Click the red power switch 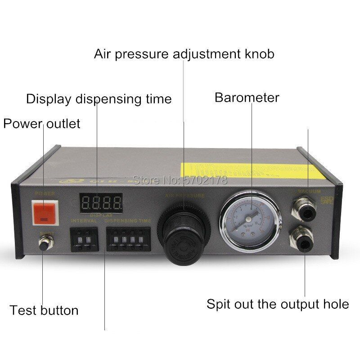[45, 212]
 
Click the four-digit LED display [101, 203]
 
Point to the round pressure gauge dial [249, 220]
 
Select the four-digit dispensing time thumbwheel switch [128, 239]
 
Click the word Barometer [247, 98]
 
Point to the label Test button [44, 310]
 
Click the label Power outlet [41, 123]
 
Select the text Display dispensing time [99, 99]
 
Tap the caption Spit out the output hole [278, 304]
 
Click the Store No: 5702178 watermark [180, 180]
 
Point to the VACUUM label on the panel [309, 192]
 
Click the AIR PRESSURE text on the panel [184, 196]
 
